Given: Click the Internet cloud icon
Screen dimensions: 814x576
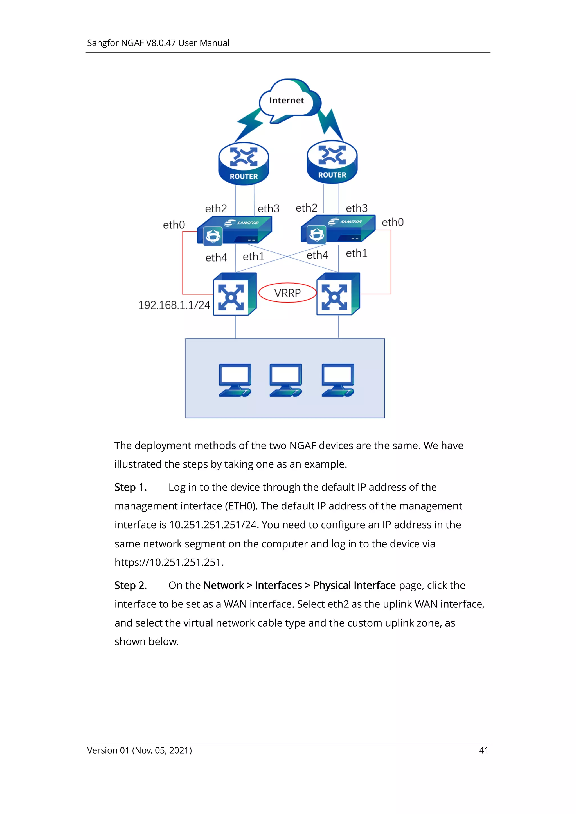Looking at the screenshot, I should [289, 100].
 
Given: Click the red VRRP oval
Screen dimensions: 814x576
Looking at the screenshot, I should [287, 293].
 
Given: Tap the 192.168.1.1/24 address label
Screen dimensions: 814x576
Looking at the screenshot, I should [174, 305].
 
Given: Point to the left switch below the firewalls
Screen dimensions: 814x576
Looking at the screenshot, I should [234, 294].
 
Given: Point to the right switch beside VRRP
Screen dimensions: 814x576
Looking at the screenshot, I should [338, 294].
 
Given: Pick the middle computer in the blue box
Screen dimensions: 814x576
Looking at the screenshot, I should [286, 380].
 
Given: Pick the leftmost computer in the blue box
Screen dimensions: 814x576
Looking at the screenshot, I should [235, 380].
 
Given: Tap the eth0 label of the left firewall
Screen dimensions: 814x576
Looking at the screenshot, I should [174, 225].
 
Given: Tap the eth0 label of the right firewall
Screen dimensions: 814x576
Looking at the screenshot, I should [393, 222].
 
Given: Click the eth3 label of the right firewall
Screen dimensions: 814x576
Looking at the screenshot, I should [357, 208].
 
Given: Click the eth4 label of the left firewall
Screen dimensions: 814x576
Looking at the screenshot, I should [216, 258].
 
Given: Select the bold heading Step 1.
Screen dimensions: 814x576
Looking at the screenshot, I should [130, 487].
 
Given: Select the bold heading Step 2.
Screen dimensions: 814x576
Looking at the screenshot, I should [130, 585].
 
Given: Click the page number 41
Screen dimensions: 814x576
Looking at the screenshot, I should [483, 750].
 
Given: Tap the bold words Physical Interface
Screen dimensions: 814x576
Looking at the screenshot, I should [354, 585].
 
